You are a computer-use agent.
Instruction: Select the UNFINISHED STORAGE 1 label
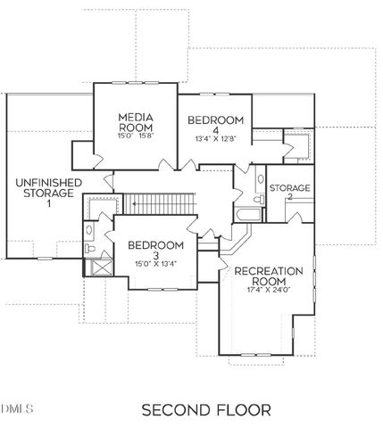(x=48, y=192)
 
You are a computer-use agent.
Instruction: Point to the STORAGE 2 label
(x=290, y=193)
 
